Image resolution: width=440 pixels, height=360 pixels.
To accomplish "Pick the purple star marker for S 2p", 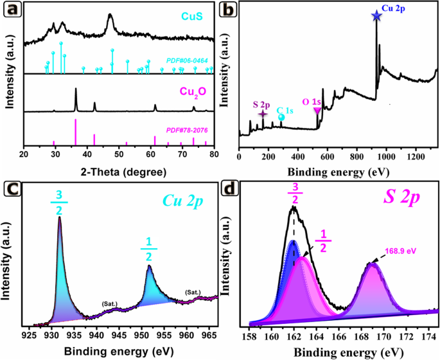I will tap(262, 114).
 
